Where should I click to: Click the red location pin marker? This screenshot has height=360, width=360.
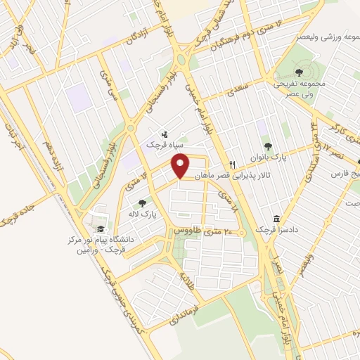[x=181, y=166]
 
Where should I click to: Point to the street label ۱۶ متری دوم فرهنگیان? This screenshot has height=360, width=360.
[x=236, y=34]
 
